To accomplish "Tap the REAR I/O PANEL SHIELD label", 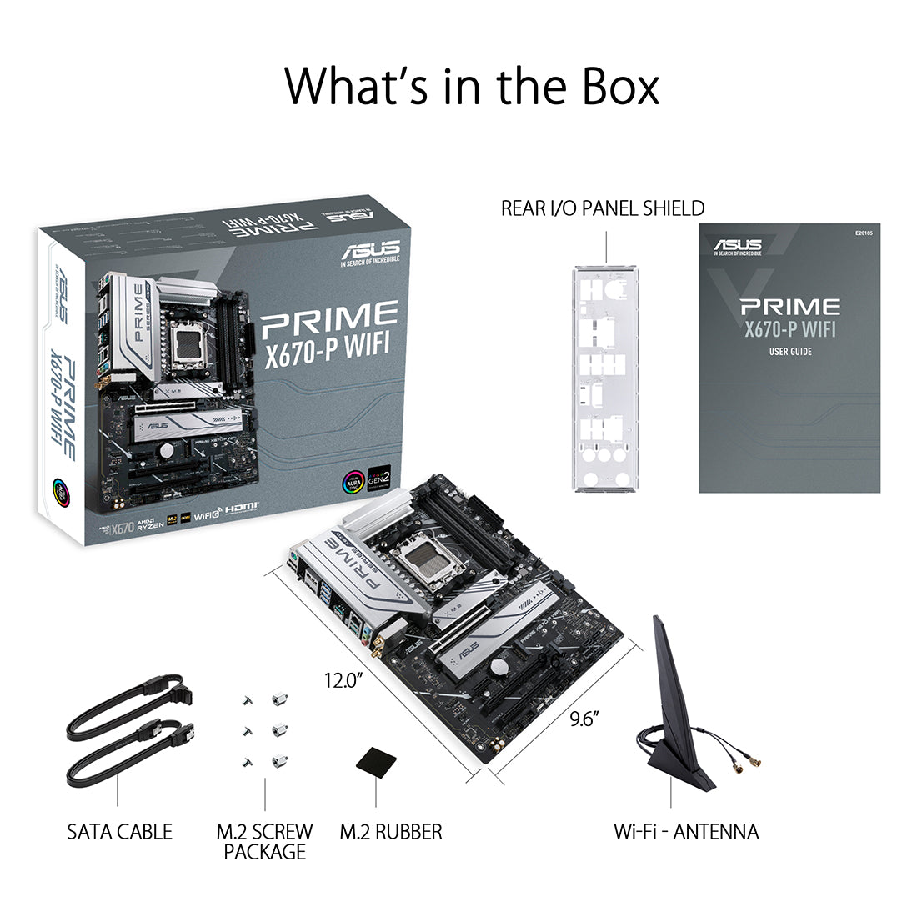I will [x=602, y=208].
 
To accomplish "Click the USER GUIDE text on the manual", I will [x=789, y=352].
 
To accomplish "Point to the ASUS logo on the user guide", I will [x=737, y=245].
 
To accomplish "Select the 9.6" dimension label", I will [x=585, y=718].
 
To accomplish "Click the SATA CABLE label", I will [x=119, y=831].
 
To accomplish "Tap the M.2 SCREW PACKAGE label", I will [x=264, y=841].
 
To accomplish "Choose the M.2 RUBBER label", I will [x=391, y=831].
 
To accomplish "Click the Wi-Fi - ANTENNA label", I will [x=686, y=831].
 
